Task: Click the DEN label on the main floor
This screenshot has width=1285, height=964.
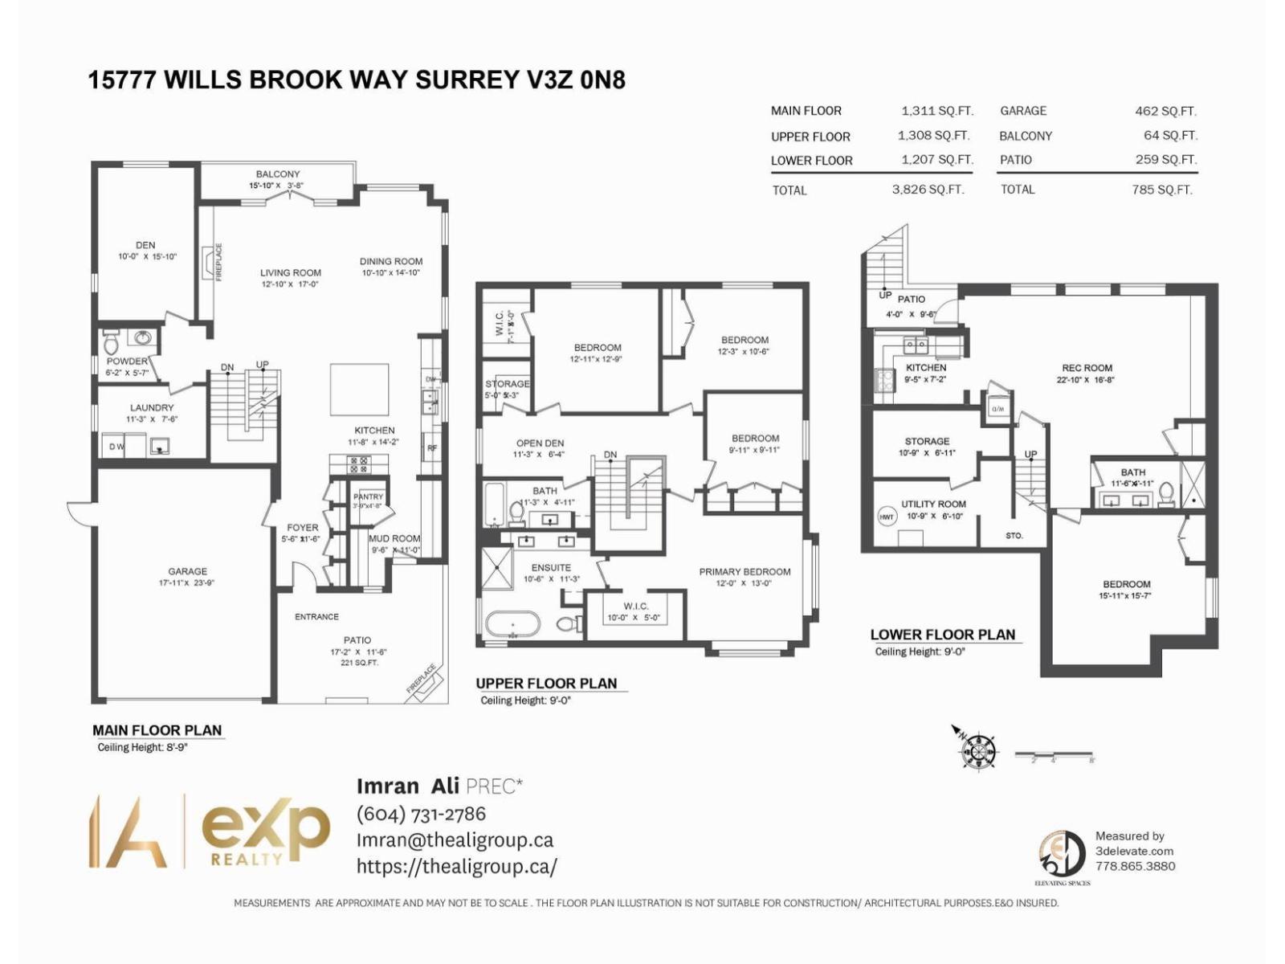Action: (x=145, y=245)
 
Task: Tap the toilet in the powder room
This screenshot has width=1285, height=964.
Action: (x=111, y=345)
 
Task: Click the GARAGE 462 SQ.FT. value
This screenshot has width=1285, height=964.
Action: (x=1165, y=111)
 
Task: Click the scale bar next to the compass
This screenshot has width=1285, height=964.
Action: (x=1053, y=756)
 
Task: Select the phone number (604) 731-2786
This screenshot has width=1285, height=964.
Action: (x=421, y=814)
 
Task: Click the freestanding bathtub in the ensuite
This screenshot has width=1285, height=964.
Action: (x=512, y=623)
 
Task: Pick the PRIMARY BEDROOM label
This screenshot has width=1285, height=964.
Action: (x=744, y=572)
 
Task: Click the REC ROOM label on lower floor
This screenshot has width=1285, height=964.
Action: (x=1087, y=368)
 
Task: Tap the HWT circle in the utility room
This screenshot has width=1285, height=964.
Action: (x=887, y=517)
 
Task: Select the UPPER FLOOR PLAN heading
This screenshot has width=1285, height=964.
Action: (x=546, y=683)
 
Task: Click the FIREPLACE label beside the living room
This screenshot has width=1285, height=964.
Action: (x=218, y=262)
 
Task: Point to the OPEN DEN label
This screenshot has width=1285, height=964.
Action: (x=540, y=443)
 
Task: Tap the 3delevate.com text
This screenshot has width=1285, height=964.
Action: (x=1134, y=851)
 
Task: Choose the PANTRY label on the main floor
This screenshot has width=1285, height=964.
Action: (x=368, y=496)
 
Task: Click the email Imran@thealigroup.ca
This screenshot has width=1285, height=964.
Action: (x=455, y=839)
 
